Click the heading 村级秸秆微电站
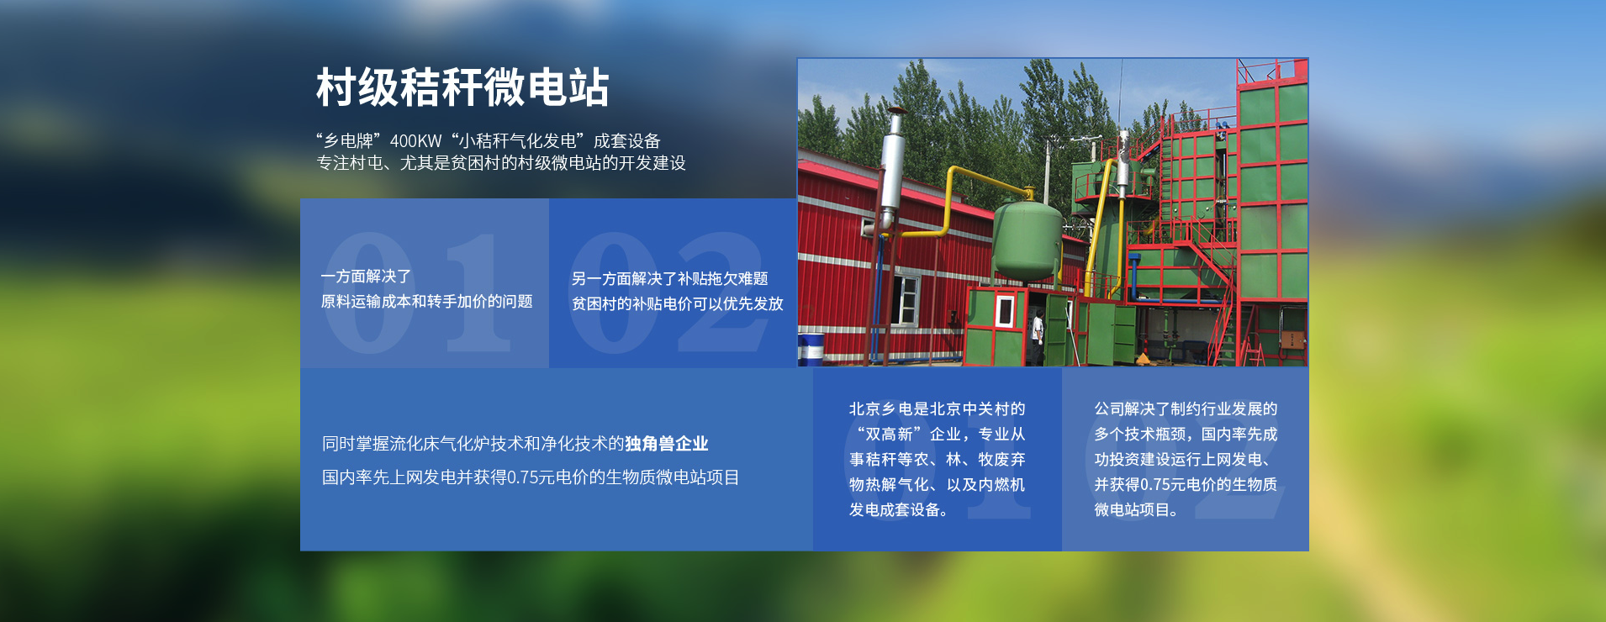(462, 87)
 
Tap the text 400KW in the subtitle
(415, 141)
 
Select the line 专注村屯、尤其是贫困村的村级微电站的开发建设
(501, 163)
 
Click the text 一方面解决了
(366, 277)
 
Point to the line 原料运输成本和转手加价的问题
(426, 302)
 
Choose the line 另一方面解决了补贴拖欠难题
(670, 279)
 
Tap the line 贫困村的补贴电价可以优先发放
(678, 304)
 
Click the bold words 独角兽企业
(667, 444)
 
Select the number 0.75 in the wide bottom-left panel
(523, 477)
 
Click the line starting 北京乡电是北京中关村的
(938, 409)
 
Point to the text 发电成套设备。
(898, 510)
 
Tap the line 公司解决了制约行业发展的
(1186, 409)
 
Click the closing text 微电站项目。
(1136, 510)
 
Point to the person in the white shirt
(1038, 335)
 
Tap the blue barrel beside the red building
(811, 348)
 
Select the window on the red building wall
(906, 299)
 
